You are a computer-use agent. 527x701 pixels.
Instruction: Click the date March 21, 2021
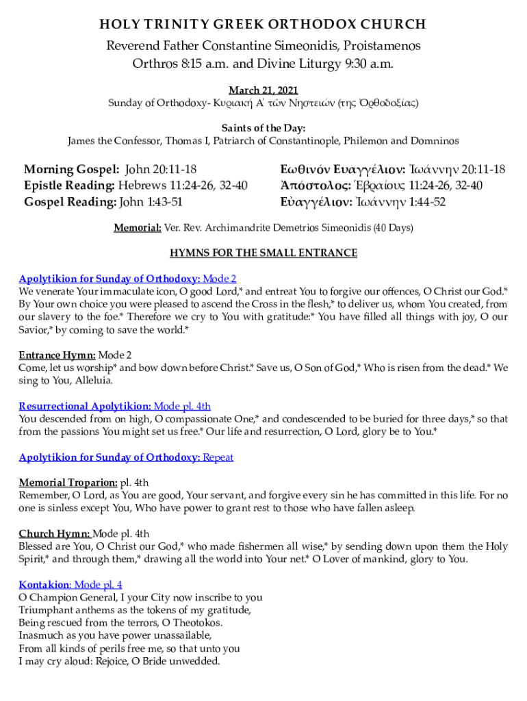pyautogui.click(x=263, y=90)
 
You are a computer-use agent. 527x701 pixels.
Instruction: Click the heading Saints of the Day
pyautogui.click(x=263, y=128)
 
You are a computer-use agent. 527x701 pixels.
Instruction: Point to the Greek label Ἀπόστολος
pyautogui.click(x=316, y=186)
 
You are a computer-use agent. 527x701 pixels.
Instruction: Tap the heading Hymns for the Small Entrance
pyautogui.click(x=263, y=253)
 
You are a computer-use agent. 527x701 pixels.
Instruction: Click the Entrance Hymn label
pyautogui.click(x=57, y=355)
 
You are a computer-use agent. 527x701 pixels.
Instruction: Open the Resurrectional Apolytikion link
pyautogui.click(x=85, y=405)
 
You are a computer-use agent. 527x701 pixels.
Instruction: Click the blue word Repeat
pyautogui.click(x=218, y=457)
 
